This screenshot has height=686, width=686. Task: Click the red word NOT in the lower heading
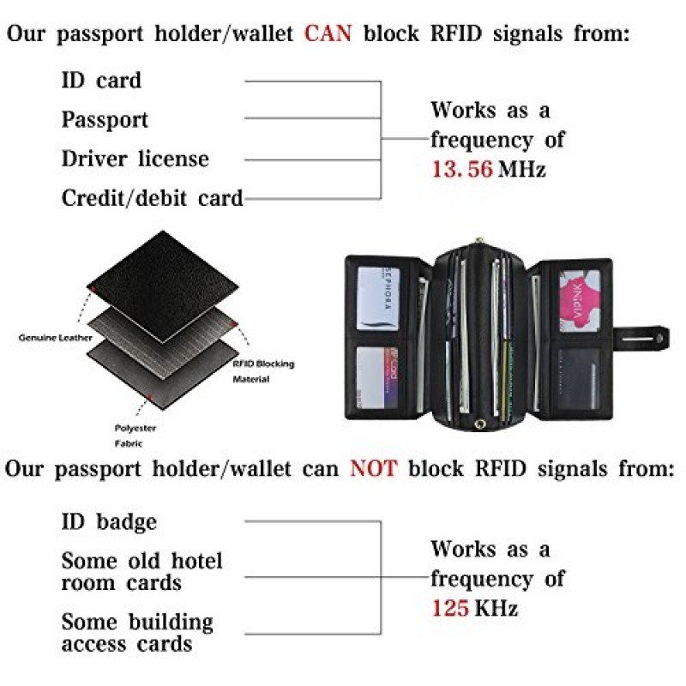pos(373,469)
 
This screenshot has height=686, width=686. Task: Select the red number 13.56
pos(461,169)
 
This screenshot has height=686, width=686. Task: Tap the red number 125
pos(450,608)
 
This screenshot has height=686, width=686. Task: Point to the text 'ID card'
pos(101,81)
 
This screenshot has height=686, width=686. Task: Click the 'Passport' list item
pos(105,119)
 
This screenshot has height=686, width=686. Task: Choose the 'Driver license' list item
pos(135,159)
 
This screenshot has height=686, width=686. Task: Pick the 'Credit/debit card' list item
pos(152,198)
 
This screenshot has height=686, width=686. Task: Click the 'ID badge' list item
pos(109,521)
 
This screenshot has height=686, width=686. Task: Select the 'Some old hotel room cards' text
pos(141,572)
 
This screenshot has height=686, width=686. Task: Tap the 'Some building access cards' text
pos(137,632)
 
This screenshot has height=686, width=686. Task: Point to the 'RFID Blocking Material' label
pos(263,370)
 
